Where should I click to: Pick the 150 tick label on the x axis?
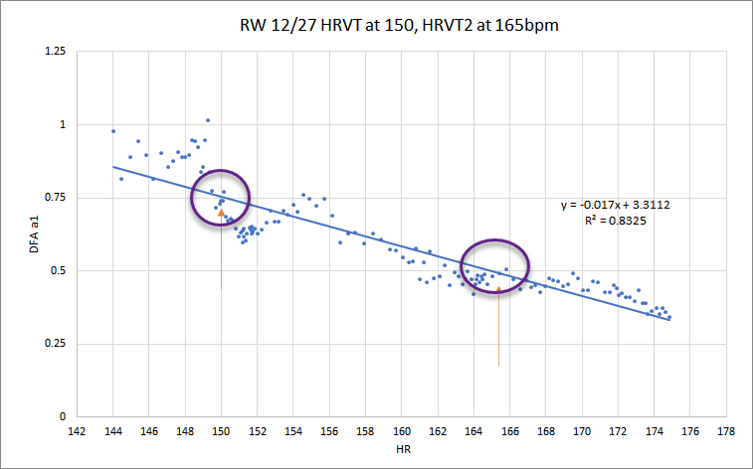[x=221, y=431]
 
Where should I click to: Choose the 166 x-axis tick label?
[x=510, y=431]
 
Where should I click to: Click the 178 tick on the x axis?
[x=727, y=431]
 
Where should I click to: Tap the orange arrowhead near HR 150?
[x=221, y=213]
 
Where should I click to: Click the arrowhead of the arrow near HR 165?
[x=498, y=289]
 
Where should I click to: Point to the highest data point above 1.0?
[x=207, y=120]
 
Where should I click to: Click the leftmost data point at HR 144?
[x=113, y=131]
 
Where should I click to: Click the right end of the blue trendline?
[x=670, y=320]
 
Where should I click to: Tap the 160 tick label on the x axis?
[x=402, y=431]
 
